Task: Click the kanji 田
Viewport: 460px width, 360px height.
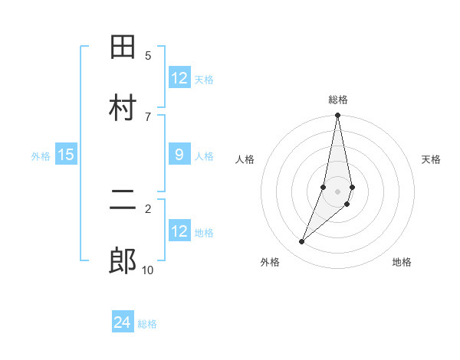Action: pos(123,47)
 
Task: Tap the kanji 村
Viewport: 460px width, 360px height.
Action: pos(123,108)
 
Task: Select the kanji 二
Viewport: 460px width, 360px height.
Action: pos(123,201)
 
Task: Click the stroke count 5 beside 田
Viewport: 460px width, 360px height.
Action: pos(148,55)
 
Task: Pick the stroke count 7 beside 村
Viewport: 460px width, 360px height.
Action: pos(148,116)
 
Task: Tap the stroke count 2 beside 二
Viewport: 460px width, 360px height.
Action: pos(148,208)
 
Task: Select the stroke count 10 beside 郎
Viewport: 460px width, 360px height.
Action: pos(148,270)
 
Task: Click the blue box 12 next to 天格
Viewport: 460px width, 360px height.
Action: pos(179,78)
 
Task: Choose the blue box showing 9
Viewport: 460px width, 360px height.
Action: pos(179,155)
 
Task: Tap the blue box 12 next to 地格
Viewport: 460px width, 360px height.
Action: pos(179,231)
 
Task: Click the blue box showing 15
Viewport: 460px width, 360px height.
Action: pos(66,155)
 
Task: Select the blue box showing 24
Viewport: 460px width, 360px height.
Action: pos(123,323)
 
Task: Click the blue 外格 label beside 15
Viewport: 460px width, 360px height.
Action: pos(41,156)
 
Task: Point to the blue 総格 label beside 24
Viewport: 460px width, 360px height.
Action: pos(147,325)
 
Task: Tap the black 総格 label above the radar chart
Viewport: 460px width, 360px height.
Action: pos(338,100)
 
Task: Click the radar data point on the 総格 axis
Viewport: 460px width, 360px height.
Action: pos(337,116)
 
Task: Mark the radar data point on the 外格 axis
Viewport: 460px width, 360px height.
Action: pos(302,242)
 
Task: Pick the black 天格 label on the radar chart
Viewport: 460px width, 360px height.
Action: pos(432,159)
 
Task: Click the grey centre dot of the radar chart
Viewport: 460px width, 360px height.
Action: pos(337,191)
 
